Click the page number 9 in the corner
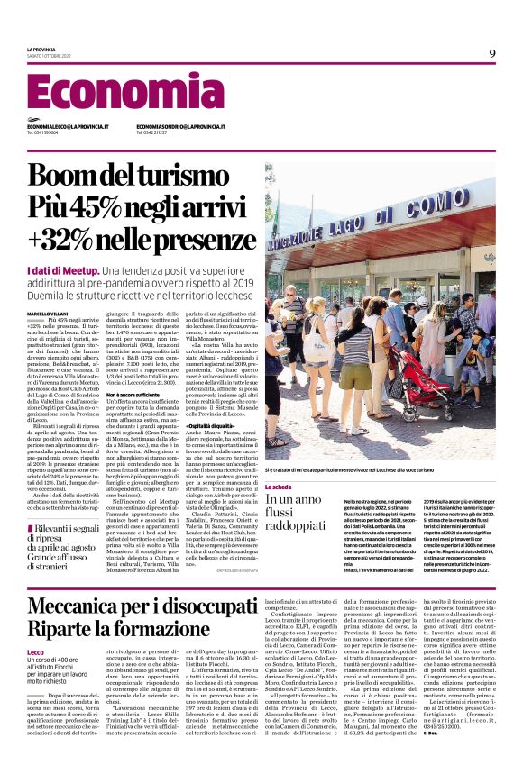(492, 53)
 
